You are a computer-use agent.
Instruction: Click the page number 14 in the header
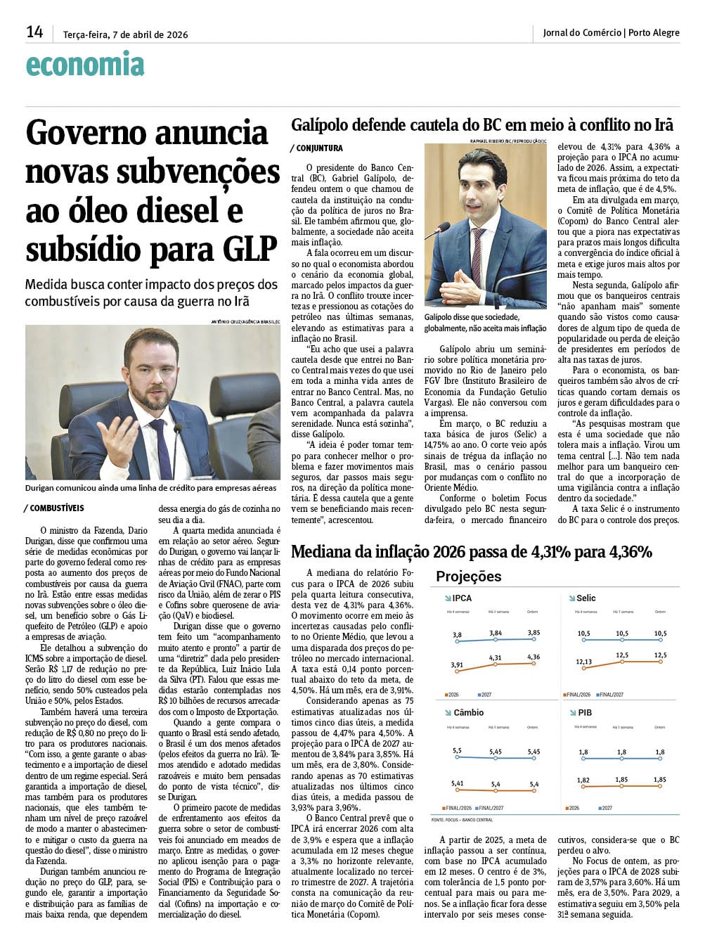(34, 32)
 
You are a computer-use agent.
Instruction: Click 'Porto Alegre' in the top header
(654, 32)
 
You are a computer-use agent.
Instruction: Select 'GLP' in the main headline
(250, 248)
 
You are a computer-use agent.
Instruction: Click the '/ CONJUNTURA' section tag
(316, 148)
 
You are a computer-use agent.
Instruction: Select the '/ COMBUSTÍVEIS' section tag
(54, 508)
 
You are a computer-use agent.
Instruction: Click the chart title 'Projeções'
(468, 577)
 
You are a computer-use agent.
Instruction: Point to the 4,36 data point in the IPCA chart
(533, 657)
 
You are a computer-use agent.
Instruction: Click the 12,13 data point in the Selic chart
(583, 662)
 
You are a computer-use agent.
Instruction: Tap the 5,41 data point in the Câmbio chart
(458, 783)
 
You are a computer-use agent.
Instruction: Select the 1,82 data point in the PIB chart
(583, 780)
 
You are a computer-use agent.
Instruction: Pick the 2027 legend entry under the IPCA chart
(485, 695)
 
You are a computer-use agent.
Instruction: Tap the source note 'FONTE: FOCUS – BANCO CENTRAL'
(462, 820)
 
